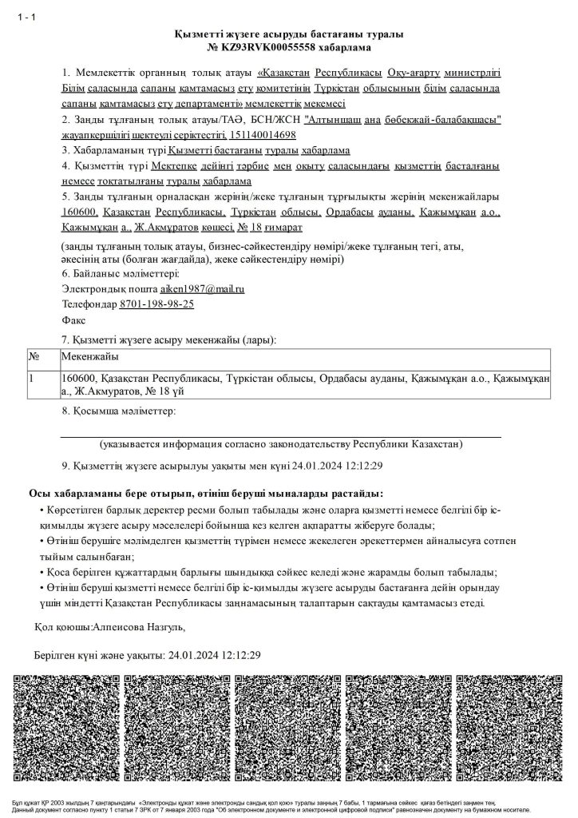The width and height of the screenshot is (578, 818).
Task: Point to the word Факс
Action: (73, 320)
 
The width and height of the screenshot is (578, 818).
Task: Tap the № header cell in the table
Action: (34, 356)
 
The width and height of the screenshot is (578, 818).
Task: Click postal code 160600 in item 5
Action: (79, 213)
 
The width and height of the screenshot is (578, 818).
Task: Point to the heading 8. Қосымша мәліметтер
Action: (117, 411)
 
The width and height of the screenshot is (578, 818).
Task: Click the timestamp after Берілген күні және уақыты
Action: (214, 654)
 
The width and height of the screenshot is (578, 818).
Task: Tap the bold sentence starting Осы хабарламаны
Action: (205, 494)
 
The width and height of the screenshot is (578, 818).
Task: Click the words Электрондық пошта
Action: (109, 288)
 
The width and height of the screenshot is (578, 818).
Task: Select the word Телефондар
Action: (89, 304)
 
